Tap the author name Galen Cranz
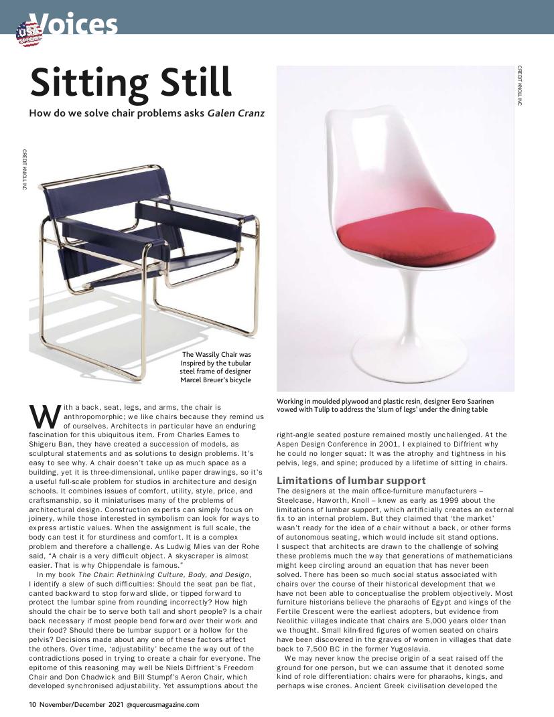(x=236, y=112)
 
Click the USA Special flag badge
(x=29, y=33)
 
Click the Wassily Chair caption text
(x=215, y=367)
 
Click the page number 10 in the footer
(x=32, y=704)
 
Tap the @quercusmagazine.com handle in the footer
(x=162, y=704)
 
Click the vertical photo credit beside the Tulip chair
(x=519, y=86)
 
